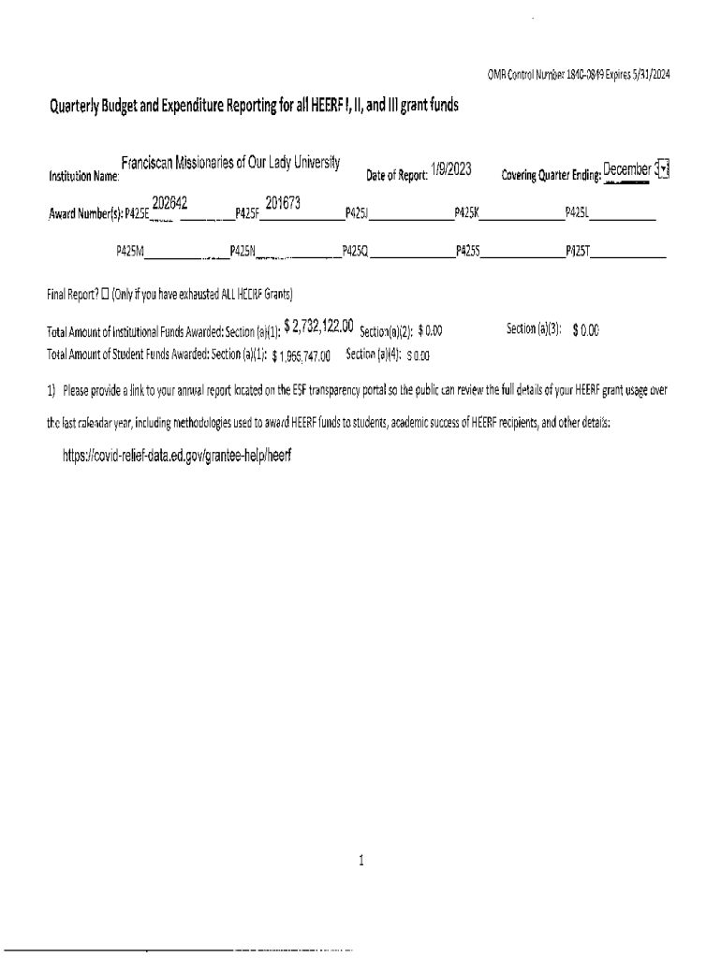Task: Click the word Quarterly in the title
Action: (x=81, y=106)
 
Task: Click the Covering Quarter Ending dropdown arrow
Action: (x=663, y=169)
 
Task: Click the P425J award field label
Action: (x=357, y=214)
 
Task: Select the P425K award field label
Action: (x=466, y=214)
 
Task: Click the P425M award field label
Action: (x=129, y=251)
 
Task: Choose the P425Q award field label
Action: (x=356, y=251)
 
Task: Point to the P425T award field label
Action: (x=577, y=251)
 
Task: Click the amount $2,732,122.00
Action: (x=318, y=326)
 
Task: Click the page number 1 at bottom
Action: (x=360, y=861)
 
